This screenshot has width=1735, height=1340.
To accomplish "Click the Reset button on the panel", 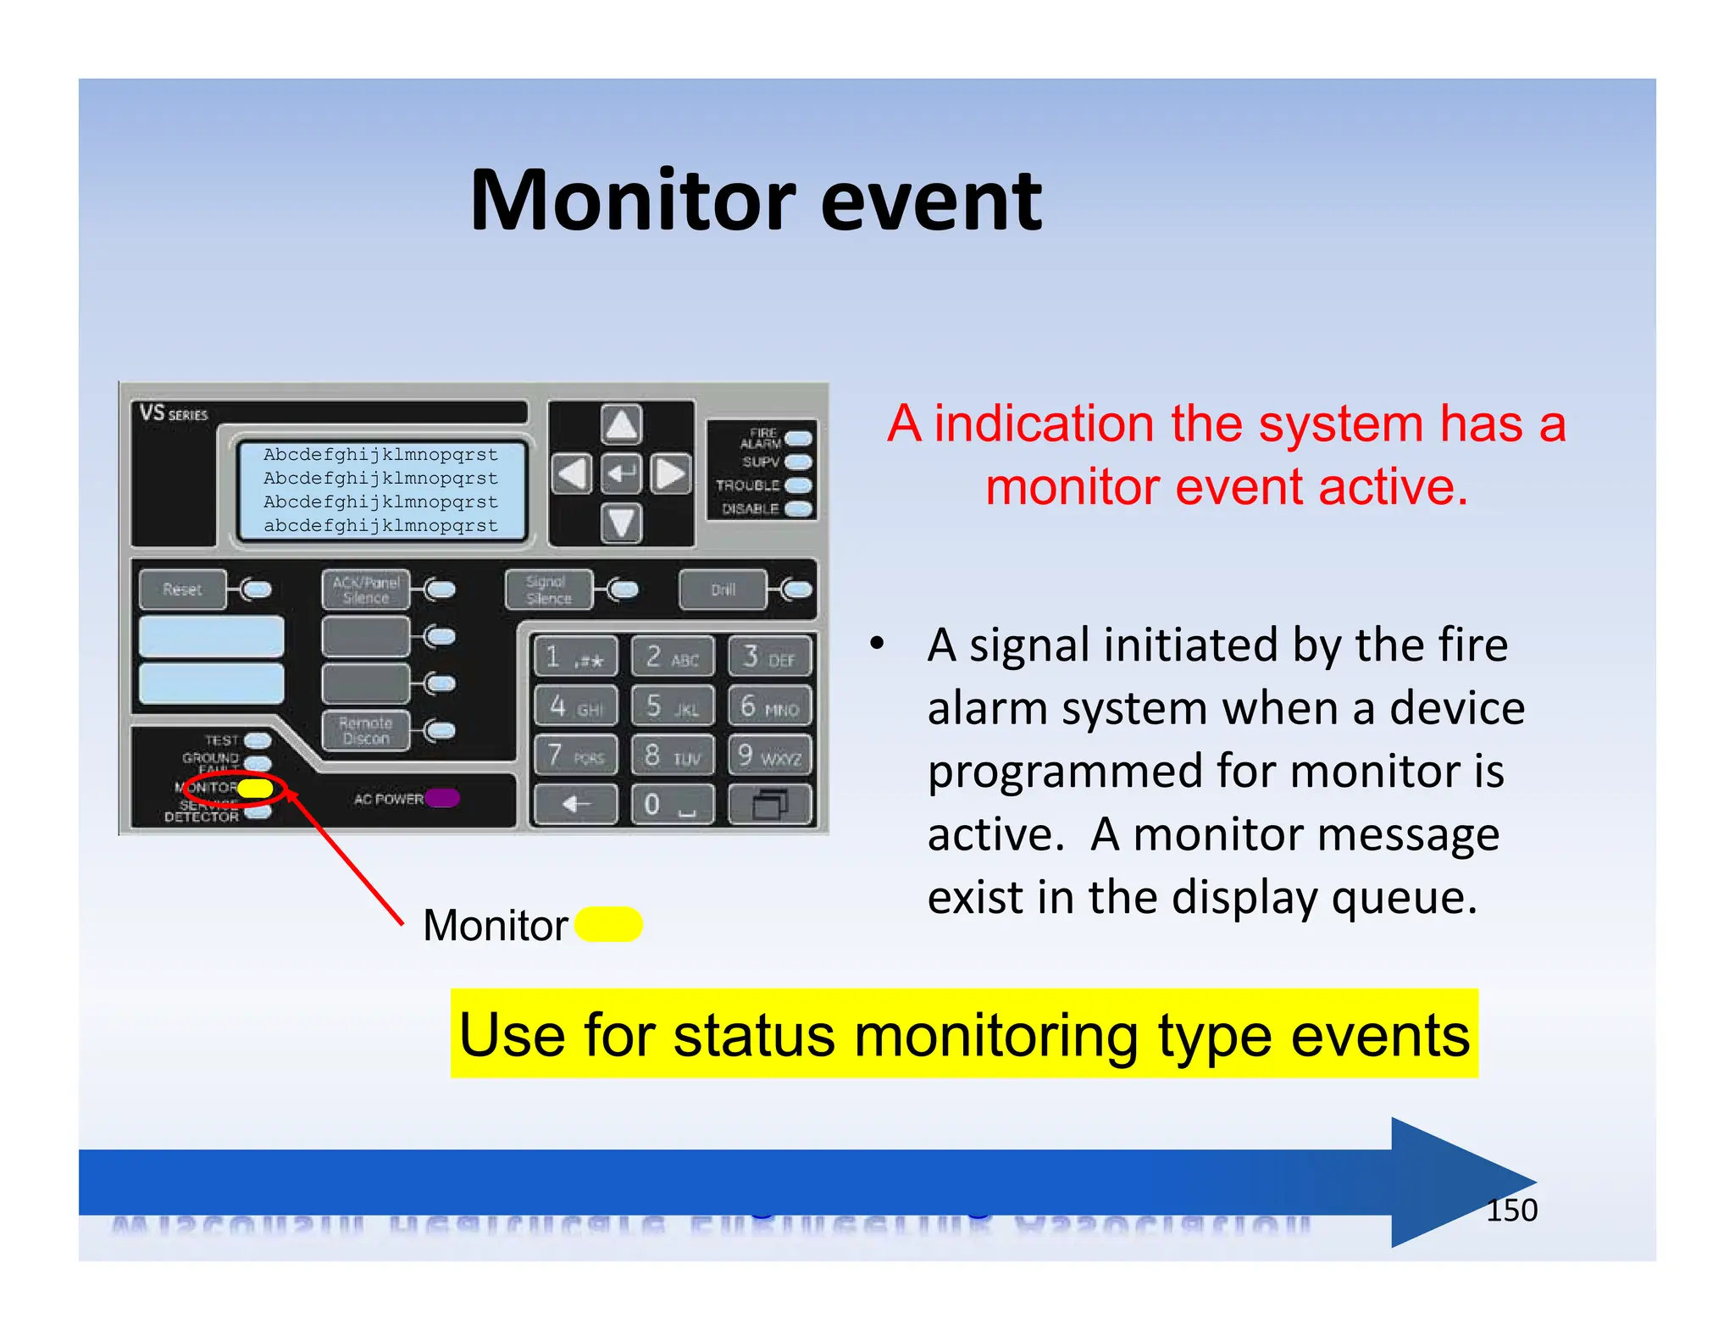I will pos(183,590).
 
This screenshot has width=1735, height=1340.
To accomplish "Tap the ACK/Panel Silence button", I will pos(366,590).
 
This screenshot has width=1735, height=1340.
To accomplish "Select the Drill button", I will pos(723,590).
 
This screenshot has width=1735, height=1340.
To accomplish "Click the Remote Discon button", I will pos(366,730).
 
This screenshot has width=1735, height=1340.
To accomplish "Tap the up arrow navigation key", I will pos(621,424).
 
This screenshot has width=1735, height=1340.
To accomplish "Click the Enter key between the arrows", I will pos(621,473).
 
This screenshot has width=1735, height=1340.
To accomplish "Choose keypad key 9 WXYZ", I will pos(769,755).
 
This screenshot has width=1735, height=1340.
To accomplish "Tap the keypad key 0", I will pos(672,804).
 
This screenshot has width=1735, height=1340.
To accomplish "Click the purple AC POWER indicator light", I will pos(442,798).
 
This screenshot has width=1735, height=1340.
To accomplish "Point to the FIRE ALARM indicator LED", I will pos(798,438).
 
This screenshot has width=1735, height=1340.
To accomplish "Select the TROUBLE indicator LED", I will pos(798,485).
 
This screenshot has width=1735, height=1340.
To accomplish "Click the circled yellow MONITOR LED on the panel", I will pos(255,789).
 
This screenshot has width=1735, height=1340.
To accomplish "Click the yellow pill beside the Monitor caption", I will pos(608,924).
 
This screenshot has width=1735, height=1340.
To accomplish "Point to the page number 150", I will pos(1511,1210).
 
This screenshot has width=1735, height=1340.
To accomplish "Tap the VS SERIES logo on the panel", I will pos(174,413).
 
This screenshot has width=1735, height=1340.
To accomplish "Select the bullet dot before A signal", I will pos(878,643).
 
